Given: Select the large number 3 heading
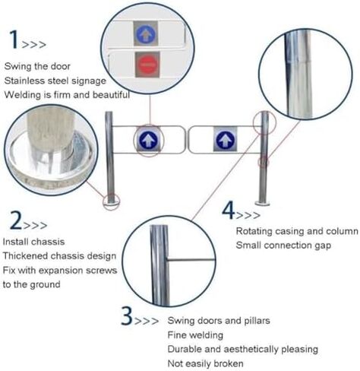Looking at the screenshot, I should pos(128,316).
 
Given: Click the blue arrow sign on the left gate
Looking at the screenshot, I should pos(148,140).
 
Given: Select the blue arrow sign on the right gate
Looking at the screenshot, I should pos(223,139).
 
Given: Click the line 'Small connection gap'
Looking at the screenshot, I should pos(283,245).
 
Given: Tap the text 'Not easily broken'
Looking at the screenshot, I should pos(205,363).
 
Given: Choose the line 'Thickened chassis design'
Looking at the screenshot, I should pos(59,255).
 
